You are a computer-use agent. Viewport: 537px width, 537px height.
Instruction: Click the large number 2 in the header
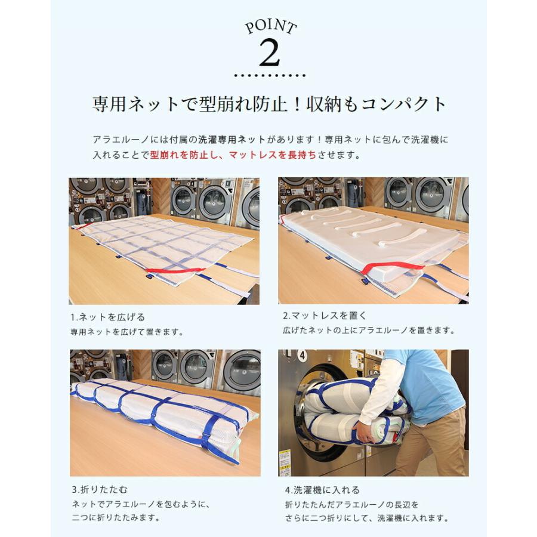tap(269, 54)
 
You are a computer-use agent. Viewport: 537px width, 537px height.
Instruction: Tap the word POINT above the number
tap(270, 27)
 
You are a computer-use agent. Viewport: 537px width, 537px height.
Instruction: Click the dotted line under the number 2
tap(269, 76)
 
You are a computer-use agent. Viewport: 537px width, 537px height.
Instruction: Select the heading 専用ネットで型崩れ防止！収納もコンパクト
tap(269, 104)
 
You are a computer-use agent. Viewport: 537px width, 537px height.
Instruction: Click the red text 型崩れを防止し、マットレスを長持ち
tap(233, 155)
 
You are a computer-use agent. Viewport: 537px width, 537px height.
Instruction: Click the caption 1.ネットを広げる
tap(107, 317)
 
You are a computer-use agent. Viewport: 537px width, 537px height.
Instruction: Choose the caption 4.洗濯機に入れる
tap(322, 490)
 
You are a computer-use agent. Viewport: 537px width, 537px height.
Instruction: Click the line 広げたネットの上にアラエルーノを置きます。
tap(369, 330)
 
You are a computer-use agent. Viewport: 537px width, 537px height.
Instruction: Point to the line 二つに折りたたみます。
tap(115, 518)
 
